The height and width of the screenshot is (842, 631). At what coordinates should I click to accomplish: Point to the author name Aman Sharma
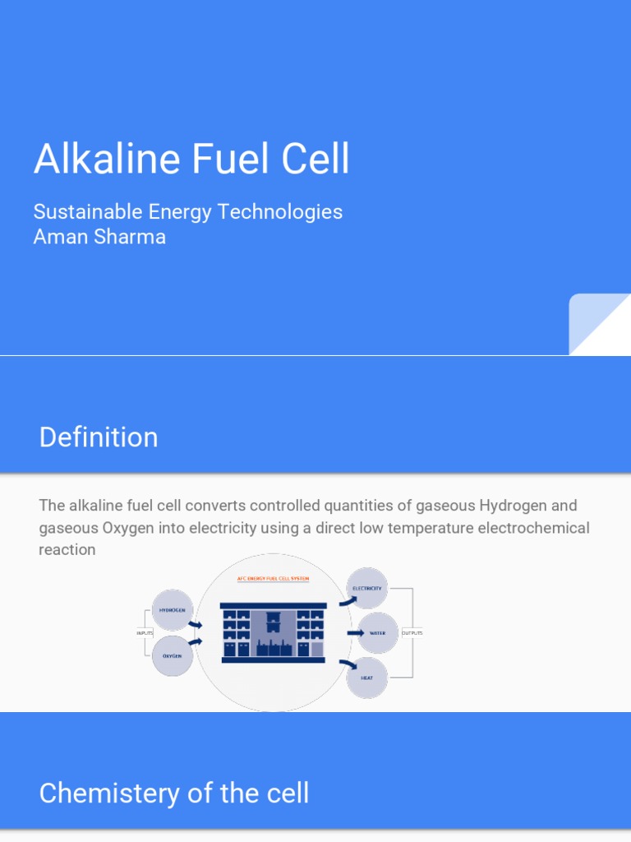click(99, 237)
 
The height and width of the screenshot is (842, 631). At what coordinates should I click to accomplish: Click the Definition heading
click(99, 437)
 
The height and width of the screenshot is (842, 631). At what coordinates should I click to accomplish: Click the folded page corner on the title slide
click(600, 325)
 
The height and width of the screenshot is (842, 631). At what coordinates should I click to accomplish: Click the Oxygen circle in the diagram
click(173, 656)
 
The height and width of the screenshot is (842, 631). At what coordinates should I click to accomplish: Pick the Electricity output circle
click(366, 589)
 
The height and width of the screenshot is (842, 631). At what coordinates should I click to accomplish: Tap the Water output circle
click(378, 633)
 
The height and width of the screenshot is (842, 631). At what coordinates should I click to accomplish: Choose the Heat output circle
click(366, 678)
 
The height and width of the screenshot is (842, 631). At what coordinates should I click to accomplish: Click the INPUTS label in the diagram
click(145, 633)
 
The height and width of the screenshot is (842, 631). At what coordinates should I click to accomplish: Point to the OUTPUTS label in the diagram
click(412, 633)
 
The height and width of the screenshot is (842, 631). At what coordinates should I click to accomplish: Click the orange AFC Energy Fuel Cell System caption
click(267, 579)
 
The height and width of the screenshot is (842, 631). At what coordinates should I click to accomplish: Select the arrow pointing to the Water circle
click(355, 633)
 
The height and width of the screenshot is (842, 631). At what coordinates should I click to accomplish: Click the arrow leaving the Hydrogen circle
click(195, 624)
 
